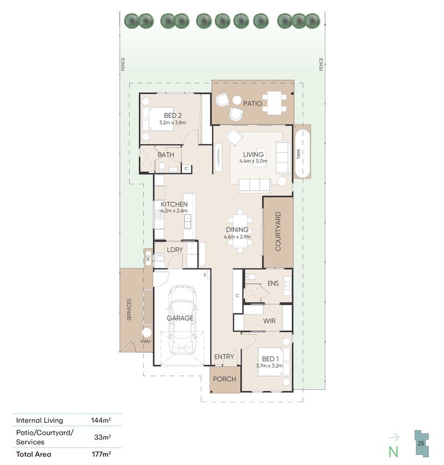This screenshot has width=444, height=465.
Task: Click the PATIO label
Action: [x=253, y=104]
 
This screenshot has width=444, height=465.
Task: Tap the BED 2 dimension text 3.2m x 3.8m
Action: [x=173, y=122]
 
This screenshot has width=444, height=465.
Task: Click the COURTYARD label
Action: [x=278, y=231]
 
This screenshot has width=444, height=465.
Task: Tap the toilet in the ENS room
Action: [x=250, y=277]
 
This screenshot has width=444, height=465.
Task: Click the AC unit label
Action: [x=148, y=258]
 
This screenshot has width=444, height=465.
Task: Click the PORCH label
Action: [x=225, y=379]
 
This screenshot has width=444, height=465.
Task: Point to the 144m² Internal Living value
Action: [x=101, y=420]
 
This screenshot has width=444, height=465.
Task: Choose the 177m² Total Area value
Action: [x=101, y=454]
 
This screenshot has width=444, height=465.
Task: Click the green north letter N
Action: [x=393, y=451]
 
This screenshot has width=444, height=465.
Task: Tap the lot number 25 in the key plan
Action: [x=421, y=444]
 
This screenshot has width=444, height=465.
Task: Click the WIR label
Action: [x=269, y=321]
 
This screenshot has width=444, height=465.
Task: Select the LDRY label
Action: [x=175, y=250]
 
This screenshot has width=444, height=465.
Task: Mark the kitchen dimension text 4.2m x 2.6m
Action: [x=174, y=211]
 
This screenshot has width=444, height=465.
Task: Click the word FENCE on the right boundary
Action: [x=321, y=64]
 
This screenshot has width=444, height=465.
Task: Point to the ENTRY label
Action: [x=224, y=357]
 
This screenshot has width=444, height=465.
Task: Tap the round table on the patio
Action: [x=236, y=100]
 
